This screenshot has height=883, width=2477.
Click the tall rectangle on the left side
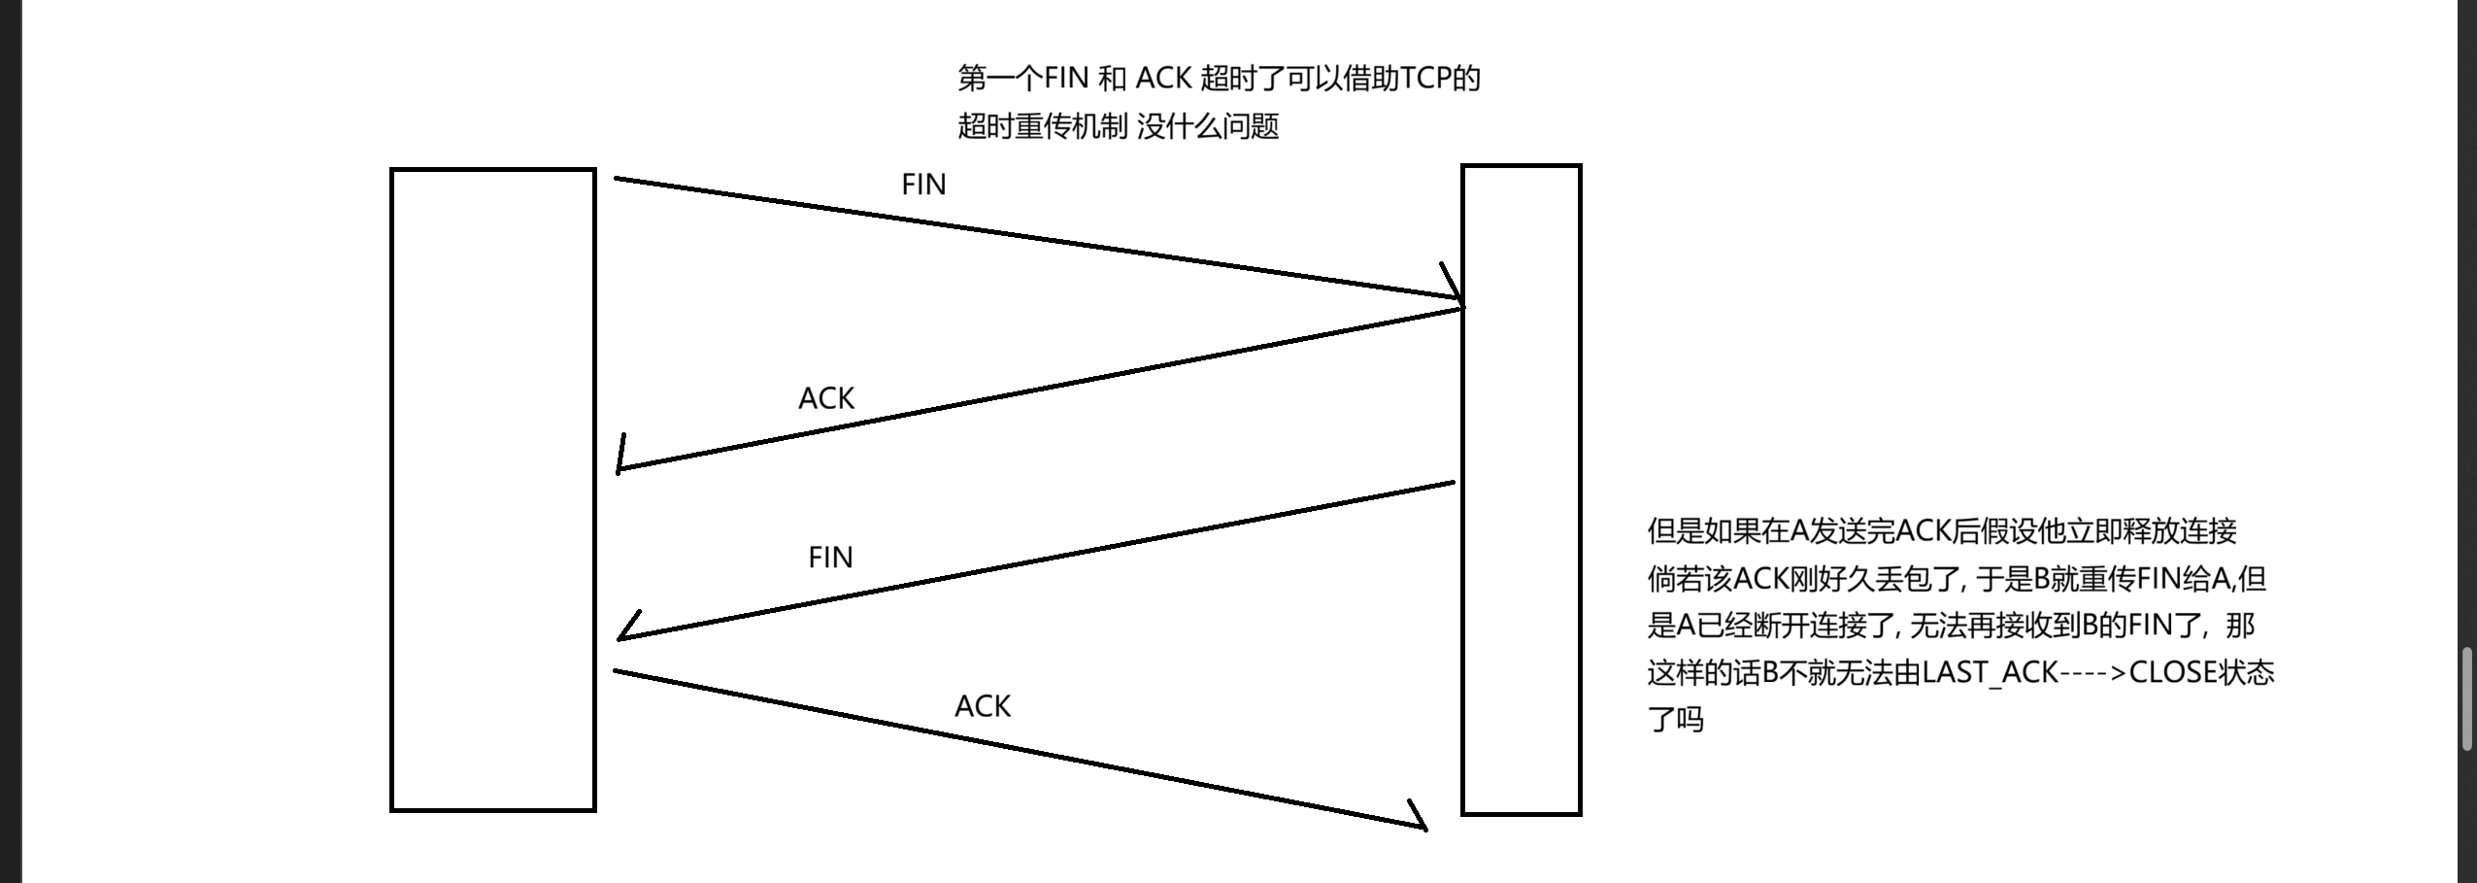coord(492,490)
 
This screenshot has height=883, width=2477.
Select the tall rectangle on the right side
coord(1521,490)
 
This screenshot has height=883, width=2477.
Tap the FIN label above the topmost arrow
coord(923,185)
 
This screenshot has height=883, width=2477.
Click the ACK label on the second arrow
coord(826,398)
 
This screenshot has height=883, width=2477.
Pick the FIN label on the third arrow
coord(830,558)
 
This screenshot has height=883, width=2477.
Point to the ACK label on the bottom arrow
coord(983,706)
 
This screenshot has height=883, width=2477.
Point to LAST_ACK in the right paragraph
coord(1990,672)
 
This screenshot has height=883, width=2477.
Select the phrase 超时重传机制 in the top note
coord(1042,126)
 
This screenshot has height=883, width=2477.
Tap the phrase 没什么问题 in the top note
coord(1208,126)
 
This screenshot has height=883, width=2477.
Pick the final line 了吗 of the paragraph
coord(1675,720)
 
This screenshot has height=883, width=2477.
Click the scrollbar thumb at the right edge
coord(2467,699)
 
